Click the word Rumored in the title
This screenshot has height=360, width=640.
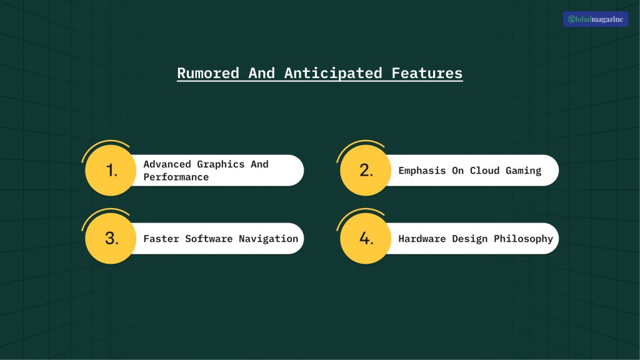click(x=208, y=73)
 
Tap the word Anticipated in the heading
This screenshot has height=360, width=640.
click(x=333, y=73)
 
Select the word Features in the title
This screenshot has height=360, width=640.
click(x=427, y=73)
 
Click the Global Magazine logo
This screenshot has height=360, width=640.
click(x=595, y=19)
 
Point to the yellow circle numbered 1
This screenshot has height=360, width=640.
click(x=111, y=170)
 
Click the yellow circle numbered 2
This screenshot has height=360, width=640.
click(x=366, y=170)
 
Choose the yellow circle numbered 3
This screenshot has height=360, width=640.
click(x=111, y=238)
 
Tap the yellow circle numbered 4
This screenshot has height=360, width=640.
click(x=366, y=238)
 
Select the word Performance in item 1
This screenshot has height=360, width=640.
click(x=176, y=177)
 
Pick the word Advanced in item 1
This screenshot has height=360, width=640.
click(x=167, y=164)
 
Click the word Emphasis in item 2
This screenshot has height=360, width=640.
click(x=422, y=171)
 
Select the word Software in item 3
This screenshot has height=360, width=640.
click(x=209, y=239)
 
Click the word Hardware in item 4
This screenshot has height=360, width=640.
click(x=422, y=239)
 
